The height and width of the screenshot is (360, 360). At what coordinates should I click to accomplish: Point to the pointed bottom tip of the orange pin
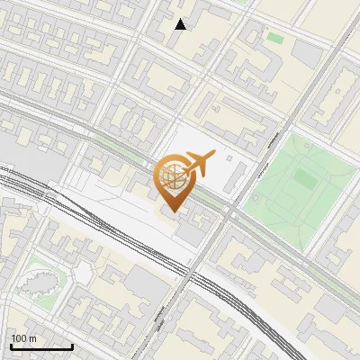coord(172,211)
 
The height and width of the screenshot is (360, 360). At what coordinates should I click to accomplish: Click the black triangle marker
coord(181,24)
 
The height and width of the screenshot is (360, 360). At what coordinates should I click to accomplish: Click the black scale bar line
coord(41,346)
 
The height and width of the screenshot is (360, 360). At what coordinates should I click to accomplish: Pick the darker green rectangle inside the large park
coord(305,179)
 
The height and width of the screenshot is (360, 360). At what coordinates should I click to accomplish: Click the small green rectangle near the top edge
coord(274,38)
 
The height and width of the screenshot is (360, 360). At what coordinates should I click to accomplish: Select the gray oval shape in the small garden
coord(41,283)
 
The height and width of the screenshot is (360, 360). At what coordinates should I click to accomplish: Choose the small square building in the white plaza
coord(228,159)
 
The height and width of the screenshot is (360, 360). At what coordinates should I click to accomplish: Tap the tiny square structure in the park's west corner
coord(256,197)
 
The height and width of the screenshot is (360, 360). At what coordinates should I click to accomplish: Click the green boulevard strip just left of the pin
coord(117,148)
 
